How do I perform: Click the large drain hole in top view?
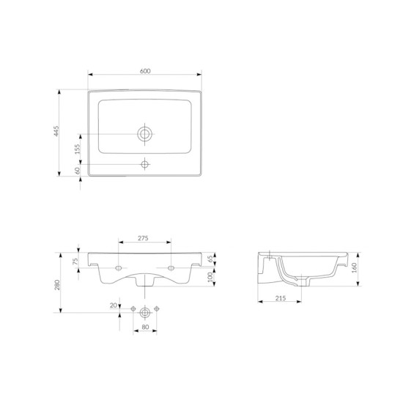click(x=145, y=133)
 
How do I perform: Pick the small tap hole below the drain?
click(x=145, y=163)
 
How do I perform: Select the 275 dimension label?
click(x=144, y=238)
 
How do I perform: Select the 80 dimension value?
click(x=145, y=327)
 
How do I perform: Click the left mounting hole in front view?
click(x=118, y=267)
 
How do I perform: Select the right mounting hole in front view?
click(x=171, y=267)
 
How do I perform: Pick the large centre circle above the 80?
click(x=145, y=310)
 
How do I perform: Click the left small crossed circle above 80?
click(x=133, y=310)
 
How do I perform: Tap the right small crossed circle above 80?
click(x=158, y=310)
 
